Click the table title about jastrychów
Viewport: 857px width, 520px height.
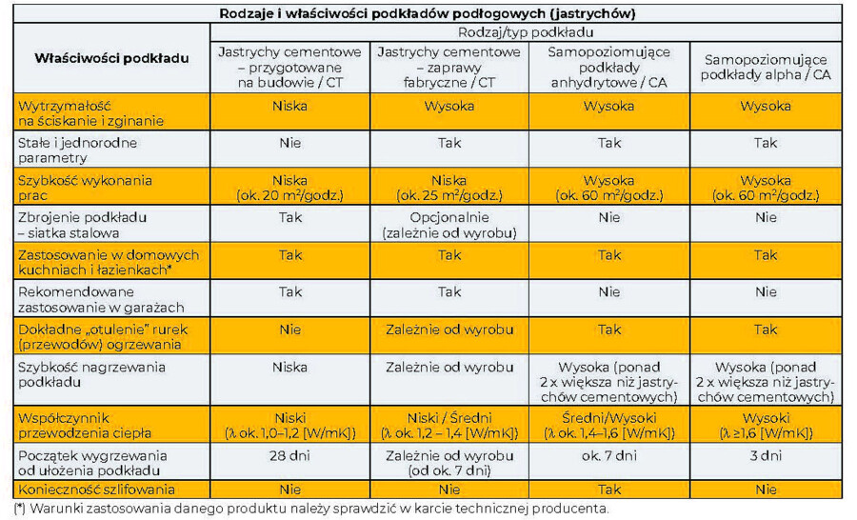point(428,14)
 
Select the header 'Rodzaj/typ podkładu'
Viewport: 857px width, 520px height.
point(528,31)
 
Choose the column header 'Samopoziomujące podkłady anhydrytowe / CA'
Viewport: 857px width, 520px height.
point(608,66)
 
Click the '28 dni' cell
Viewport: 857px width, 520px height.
point(289,455)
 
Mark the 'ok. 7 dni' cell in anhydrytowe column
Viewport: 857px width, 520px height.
point(608,455)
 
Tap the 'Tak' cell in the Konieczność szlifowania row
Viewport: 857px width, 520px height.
point(608,490)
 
